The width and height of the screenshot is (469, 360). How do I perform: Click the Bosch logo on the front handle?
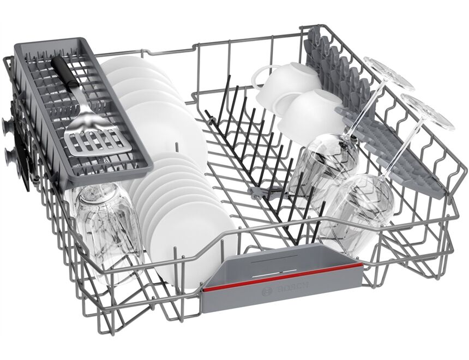(285, 290)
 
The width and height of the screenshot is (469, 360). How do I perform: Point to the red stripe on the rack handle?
(281, 277)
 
